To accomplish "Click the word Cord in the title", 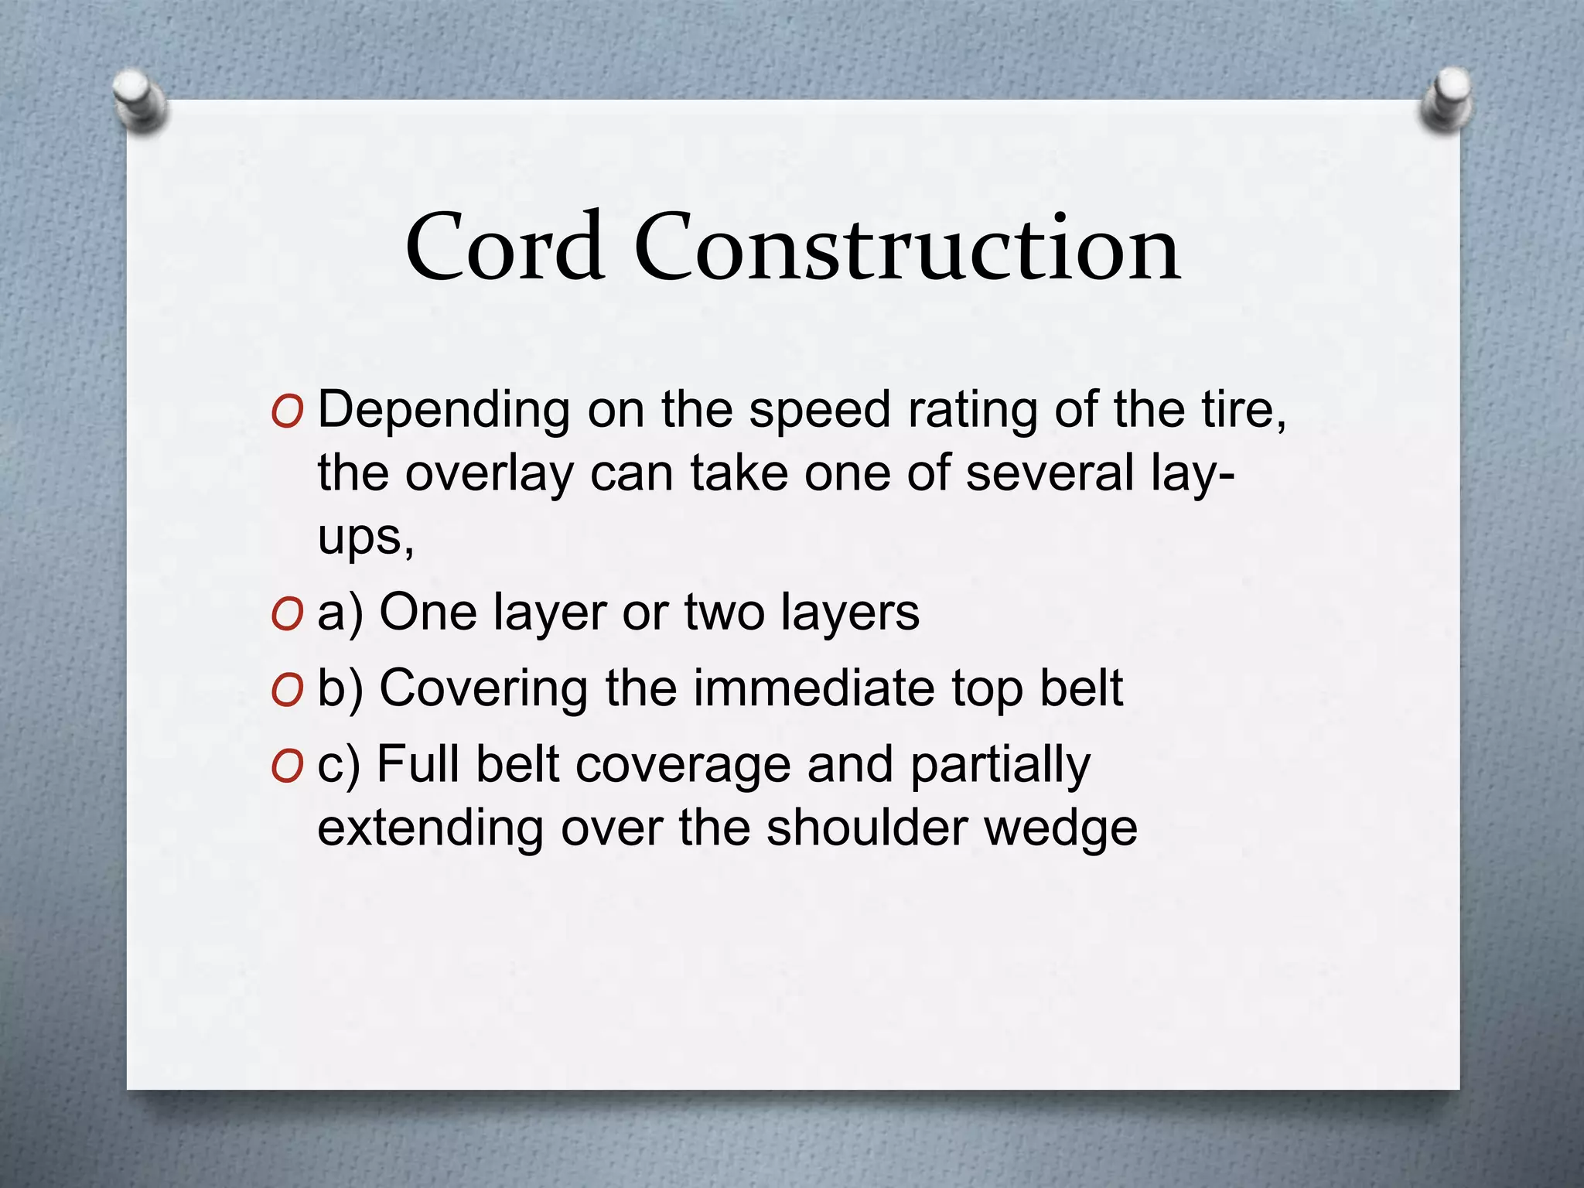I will [504, 247].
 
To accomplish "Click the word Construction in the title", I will [907, 247].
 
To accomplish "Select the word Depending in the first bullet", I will [444, 411].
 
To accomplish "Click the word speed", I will [819, 411].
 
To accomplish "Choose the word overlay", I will [490, 473].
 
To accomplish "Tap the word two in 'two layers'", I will [724, 613].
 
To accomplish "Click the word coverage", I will [683, 766].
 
